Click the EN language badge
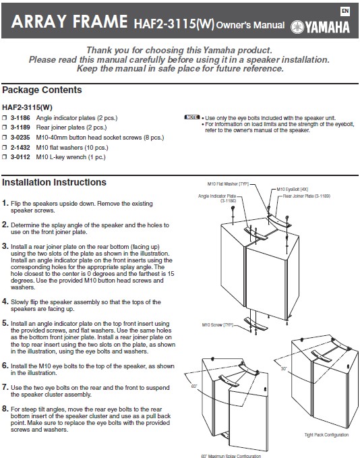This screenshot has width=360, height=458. [x=345, y=11]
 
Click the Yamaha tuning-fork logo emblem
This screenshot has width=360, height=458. [x=297, y=27]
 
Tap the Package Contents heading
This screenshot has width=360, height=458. [x=42, y=90]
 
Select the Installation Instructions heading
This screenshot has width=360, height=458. [x=54, y=182]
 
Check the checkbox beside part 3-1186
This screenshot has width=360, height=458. [x=4, y=118]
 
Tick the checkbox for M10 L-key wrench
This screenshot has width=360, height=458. [x=4, y=157]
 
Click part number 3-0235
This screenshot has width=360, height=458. [x=20, y=138]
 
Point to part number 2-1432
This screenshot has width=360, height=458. [x=20, y=148]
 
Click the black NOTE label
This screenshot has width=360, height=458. [x=192, y=117]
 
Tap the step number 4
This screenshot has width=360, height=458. [x=5, y=302]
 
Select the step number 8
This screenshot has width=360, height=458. [x=5, y=409]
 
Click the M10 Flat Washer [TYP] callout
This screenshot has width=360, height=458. [x=228, y=183]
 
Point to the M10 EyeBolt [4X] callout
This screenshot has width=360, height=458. [x=292, y=190]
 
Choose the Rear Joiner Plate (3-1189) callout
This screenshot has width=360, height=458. [x=306, y=196]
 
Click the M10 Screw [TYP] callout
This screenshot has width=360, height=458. [x=217, y=325]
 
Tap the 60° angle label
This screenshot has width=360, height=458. [x=194, y=387]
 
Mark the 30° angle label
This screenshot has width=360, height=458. [x=284, y=369]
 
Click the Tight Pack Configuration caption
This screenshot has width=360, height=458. [x=326, y=435]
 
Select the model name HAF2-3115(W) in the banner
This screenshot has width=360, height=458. [x=174, y=24]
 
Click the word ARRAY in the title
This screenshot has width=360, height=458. [x=39, y=22]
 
